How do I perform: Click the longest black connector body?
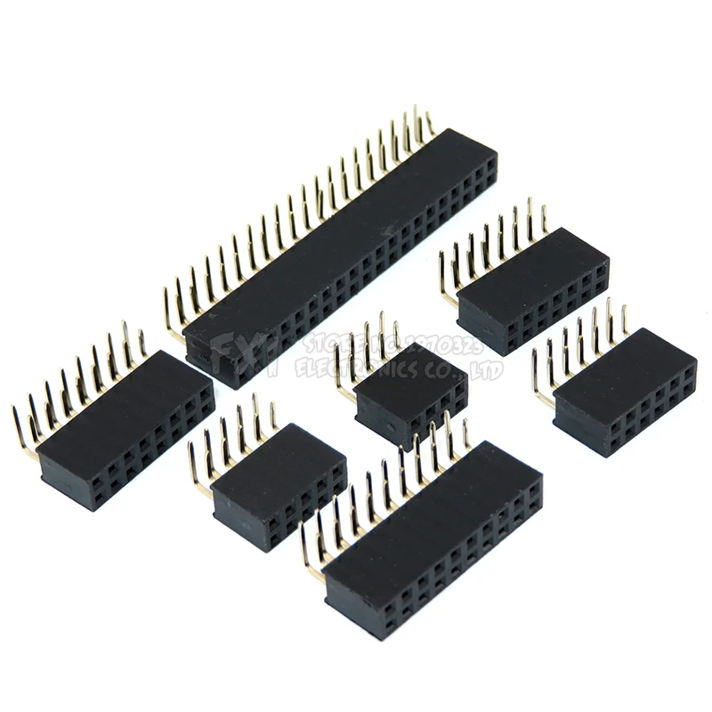(338, 258)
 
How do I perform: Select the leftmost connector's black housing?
(125, 427)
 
